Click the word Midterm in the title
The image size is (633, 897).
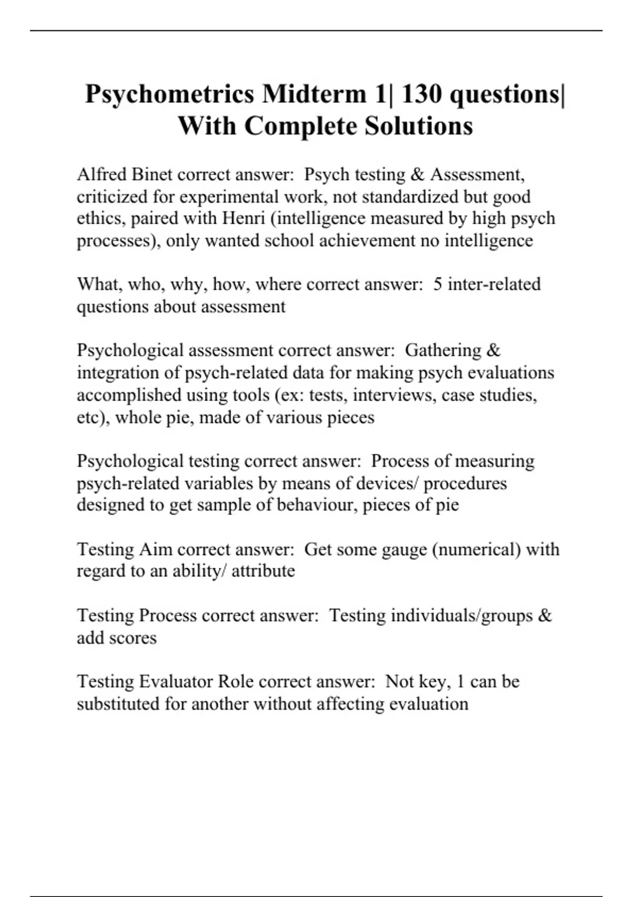click(314, 94)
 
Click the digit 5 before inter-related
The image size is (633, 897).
click(438, 284)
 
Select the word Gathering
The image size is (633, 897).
click(443, 350)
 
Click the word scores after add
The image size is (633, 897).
click(131, 637)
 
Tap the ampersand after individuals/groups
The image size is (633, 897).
click(545, 615)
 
